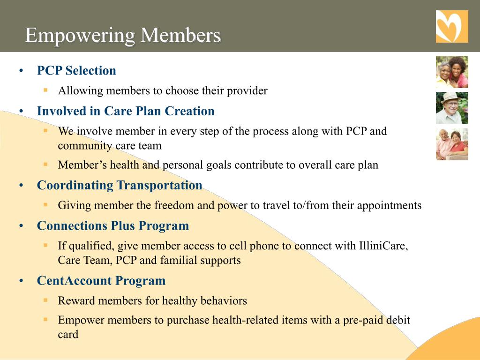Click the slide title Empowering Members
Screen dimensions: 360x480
[123, 35]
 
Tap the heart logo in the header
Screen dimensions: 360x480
[452, 27]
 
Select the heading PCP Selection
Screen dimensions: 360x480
[76, 71]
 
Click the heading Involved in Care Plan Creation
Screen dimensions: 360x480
[126, 111]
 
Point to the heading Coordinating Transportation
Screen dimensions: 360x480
[120, 185]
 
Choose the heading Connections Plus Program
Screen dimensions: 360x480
[113, 225]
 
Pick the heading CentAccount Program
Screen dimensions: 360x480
[101, 281]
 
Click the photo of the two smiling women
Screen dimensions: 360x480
[452, 72]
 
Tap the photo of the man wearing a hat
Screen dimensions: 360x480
[452, 108]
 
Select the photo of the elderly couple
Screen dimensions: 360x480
[452, 144]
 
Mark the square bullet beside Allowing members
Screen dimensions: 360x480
[46, 90]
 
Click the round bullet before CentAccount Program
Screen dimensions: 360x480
[22, 281]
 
